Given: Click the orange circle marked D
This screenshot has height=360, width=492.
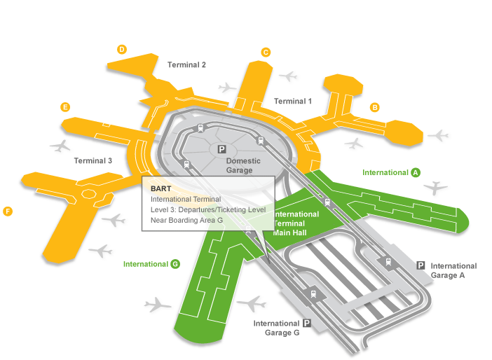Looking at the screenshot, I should click(122, 49).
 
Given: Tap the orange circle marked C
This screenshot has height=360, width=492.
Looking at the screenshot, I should click(266, 52).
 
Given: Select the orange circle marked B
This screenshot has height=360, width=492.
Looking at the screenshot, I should click(375, 107).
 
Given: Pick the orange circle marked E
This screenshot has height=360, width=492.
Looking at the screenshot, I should click(65, 107).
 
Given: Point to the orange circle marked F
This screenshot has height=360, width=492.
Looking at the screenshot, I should click(8, 211).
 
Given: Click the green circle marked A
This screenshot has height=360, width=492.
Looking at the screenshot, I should click(416, 172).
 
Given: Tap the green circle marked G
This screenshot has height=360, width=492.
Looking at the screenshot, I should click(175, 264).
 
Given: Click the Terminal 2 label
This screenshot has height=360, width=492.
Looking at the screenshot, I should click(186, 65).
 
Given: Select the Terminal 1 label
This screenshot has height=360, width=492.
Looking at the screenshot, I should click(293, 102).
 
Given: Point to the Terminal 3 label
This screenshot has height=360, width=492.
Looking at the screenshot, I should click(93, 161).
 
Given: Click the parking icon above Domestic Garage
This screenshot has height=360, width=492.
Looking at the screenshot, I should click(221, 149).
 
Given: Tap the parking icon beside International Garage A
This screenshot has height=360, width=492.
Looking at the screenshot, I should click(421, 265).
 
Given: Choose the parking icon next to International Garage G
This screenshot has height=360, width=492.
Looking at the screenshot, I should click(306, 323).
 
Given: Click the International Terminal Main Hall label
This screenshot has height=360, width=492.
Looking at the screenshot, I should click(296, 223).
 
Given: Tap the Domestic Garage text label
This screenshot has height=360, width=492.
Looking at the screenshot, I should click(243, 165).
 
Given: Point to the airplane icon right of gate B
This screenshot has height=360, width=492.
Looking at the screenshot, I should click(439, 134).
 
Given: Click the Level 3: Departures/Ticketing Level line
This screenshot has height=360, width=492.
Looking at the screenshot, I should click(207, 209).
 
